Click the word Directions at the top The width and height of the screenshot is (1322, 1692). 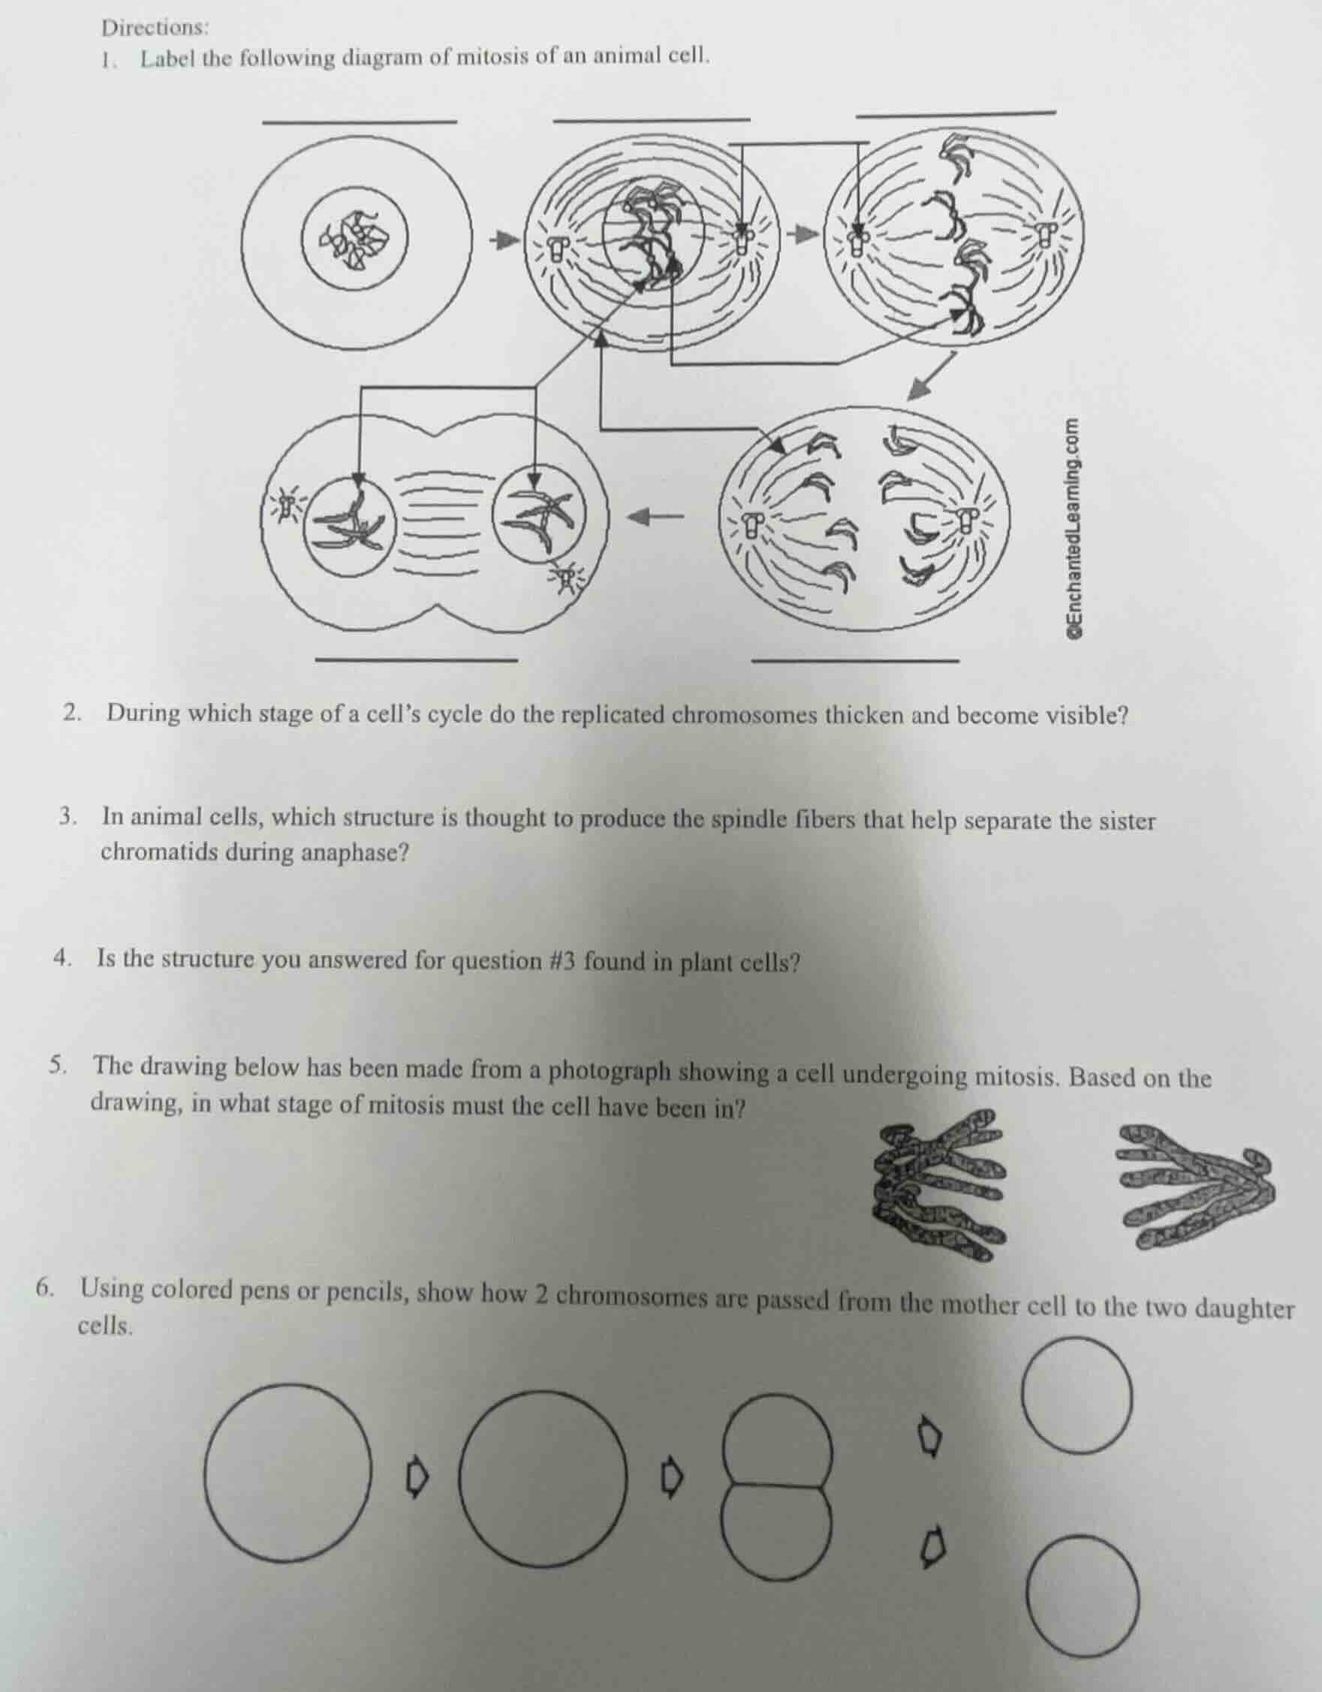click(x=154, y=28)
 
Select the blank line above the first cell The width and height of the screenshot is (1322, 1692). click(x=360, y=121)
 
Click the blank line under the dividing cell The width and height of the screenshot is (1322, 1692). click(x=417, y=659)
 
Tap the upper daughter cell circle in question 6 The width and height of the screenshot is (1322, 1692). click(x=1076, y=1394)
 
